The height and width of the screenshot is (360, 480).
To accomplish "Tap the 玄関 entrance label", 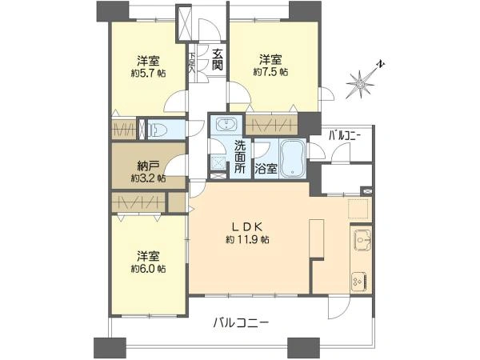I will click(217, 60).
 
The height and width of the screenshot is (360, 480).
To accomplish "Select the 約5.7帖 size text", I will click(151, 72).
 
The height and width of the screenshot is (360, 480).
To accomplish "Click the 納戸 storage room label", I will click(146, 166).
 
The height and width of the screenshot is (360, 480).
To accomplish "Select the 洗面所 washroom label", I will click(240, 157).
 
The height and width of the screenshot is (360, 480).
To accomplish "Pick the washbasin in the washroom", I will click(225, 125).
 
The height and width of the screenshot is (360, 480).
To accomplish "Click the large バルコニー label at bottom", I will click(240, 323).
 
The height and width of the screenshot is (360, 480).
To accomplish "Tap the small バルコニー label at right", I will click(345, 136).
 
